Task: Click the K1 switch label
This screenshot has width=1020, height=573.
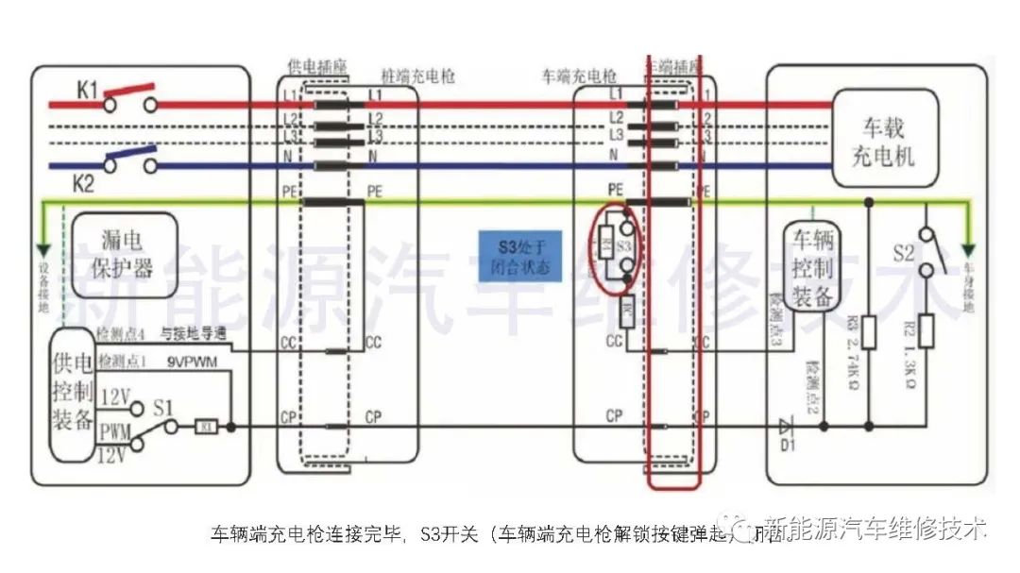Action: [x=87, y=91]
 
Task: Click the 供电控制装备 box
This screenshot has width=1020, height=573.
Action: [x=74, y=394]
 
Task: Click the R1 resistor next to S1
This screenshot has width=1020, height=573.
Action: [x=207, y=427]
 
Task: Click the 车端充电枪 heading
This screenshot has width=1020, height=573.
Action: [x=578, y=74]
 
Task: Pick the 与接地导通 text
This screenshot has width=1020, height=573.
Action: [x=193, y=333]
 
